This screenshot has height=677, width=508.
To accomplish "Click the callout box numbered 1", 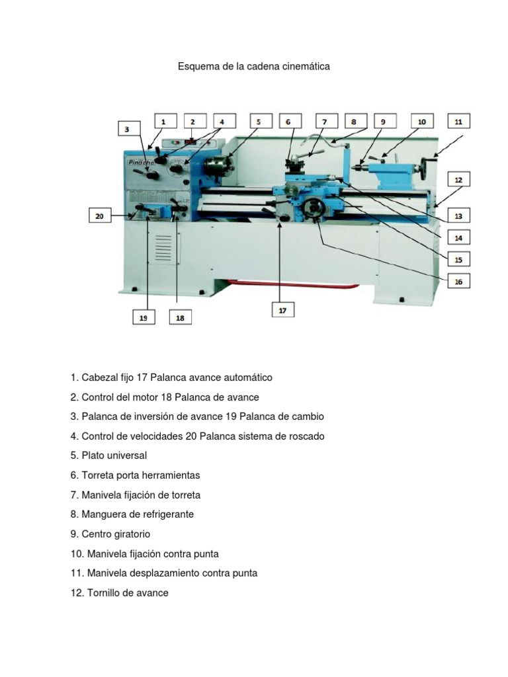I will (165, 122).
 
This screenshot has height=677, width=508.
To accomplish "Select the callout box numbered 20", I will (100, 216).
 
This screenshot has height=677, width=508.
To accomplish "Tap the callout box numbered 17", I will (282, 309).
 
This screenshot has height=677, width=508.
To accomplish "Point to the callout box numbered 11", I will (458, 122).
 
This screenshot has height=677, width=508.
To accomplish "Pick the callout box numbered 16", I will (457, 281).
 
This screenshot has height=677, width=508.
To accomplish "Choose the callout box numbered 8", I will (354, 122).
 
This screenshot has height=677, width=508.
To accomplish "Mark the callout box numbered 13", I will (458, 215).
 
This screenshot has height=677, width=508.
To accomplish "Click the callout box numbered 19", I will (143, 317).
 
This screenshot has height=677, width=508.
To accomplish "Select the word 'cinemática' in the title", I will (307, 67).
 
